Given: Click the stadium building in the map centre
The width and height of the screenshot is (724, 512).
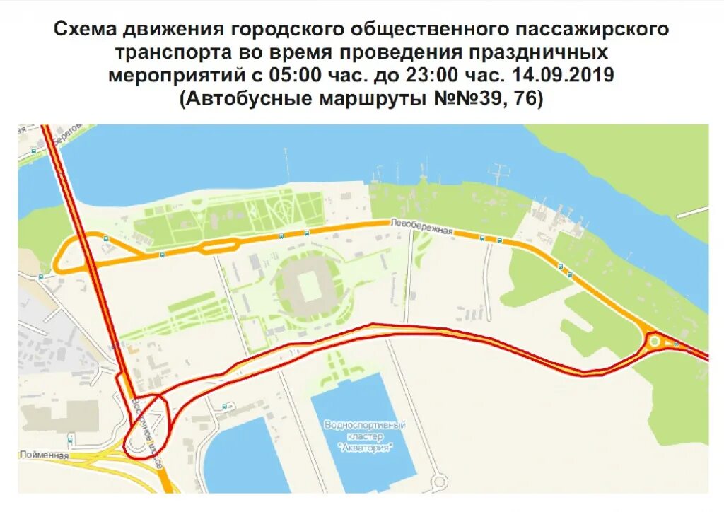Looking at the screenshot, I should [x=308, y=286].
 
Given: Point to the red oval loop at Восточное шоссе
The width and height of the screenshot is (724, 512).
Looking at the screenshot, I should [x=146, y=427].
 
